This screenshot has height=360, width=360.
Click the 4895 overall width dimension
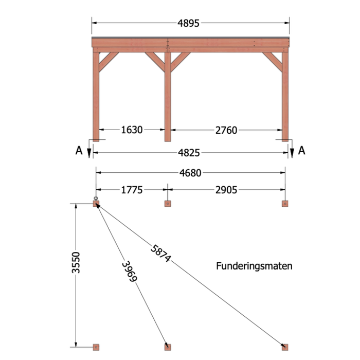click(x=188, y=23)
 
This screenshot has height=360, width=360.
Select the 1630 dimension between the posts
click(x=132, y=130)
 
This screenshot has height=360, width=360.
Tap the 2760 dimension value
click(x=226, y=130)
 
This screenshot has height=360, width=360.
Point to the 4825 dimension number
click(x=189, y=153)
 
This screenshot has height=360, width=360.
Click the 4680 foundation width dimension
click(x=190, y=173)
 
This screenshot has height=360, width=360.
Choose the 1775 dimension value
click(x=132, y=190)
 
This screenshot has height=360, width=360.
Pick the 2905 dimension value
click(x=226, y=190)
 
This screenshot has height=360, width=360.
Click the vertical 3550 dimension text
click(x=76, y=263)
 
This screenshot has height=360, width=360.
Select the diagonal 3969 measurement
click(x=129, y=272)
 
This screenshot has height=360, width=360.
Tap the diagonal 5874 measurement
click(x=160, y=254)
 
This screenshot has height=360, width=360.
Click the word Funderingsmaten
click(x=254, y=266)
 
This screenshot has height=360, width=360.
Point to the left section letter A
click(x=79, y=151)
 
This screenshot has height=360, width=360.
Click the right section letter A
click(x=302, y=151)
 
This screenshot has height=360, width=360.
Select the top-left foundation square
click(x=96, y=204)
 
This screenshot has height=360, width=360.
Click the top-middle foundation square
click(x=168, y=204)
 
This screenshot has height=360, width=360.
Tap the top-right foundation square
click(x=285, y=204)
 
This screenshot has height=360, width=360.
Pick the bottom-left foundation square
click(x=96, y=347)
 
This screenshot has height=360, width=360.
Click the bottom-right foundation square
click(x=285, y=347)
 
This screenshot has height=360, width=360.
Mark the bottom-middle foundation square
click(x=168, y=347)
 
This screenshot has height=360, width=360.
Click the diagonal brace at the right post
click(x=273, y=62)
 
